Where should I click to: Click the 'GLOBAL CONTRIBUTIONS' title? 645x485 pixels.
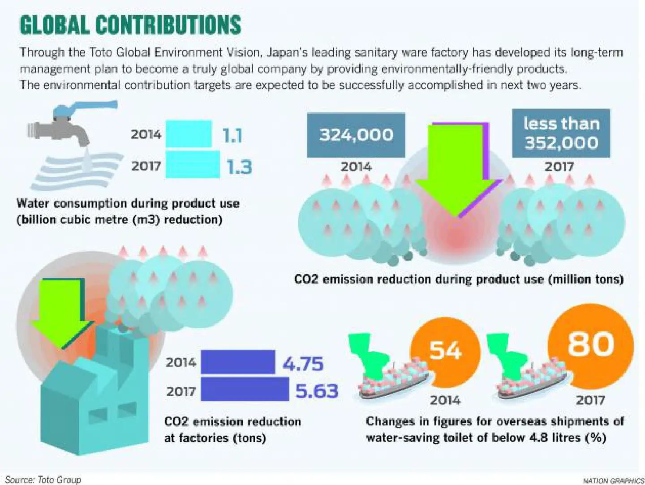pos(131,25)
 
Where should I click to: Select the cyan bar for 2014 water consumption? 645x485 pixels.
pos(189,133)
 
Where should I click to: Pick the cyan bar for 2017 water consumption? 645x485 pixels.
pos(193,164)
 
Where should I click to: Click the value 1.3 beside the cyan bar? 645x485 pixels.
pos(240,167)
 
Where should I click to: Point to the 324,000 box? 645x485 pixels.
pos(356,135)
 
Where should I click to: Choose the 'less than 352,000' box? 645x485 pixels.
pos(561,133)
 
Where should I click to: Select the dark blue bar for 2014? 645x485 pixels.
pos(238,362)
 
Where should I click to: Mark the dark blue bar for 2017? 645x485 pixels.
pos(245,389)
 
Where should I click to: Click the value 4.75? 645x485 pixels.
pos(303,363)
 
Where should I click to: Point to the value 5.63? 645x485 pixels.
pos(317,391)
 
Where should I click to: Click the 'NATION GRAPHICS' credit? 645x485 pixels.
pos(612,481)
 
